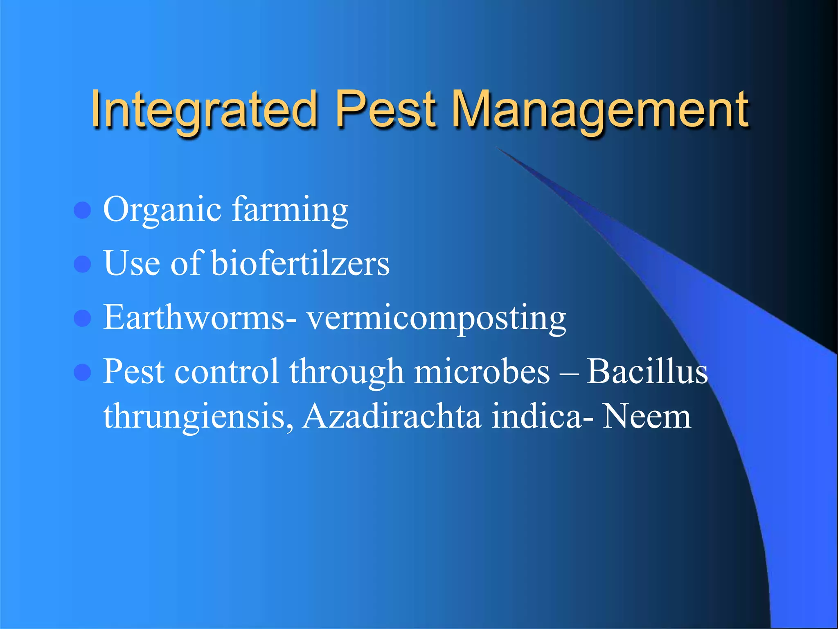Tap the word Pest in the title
pyautogui.click(x=385, y=110)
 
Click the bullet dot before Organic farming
pyautogui.click(x=82, y=210)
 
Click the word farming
pyautogui.click(x=290, y=210)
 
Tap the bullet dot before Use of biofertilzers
pyautogui.click(x=82, y=264)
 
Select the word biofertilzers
pyautogui.click(x=300, y=263)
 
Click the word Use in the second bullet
pyautogui.click(x=132, y=263)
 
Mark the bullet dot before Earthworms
pyautogui.click(x=82, y=318)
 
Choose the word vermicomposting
pyautogui.click(x=437, y=319)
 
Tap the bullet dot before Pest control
pyautogui.click(x=82, y=372)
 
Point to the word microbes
pyautogui.click(x=482, y=371)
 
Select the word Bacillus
pyautogui.click(x=647, y=371)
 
